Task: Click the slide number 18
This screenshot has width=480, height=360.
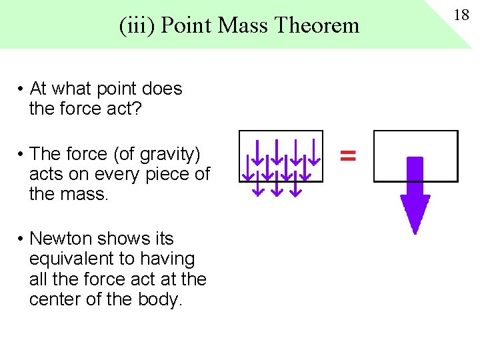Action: (462, 15)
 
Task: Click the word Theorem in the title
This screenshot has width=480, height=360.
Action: (317, 25)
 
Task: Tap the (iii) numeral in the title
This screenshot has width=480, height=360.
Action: (138, 25)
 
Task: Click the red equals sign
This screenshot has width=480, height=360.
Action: (348, 156)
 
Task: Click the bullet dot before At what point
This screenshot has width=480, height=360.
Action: (22, 89)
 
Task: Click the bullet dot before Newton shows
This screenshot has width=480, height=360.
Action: (22, 239)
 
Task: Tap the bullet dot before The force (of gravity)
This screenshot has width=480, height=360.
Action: (22, 155)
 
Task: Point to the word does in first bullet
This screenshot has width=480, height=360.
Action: (163, 89)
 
